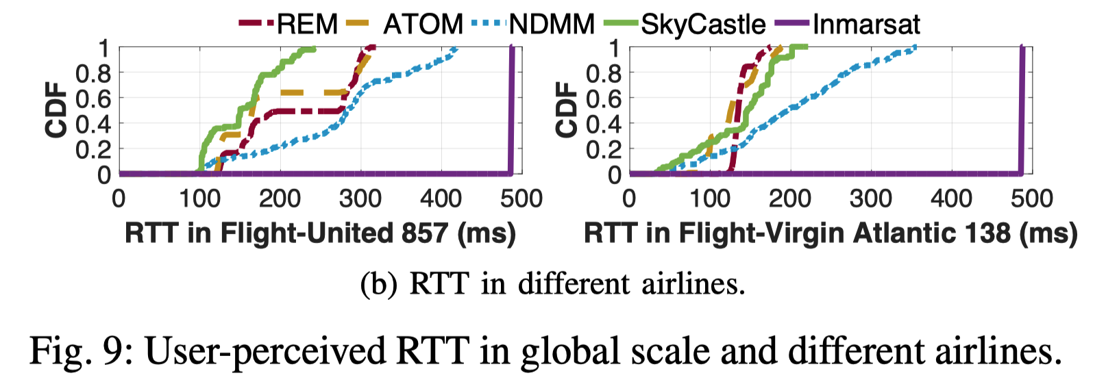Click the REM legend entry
(x=307, y=25)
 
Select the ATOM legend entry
(x=423, y=25)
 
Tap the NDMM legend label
(x=552, y=25)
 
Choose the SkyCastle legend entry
(x=703, y=25)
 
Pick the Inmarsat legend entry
(x=866, y=25)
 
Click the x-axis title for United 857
(x=320, y=233)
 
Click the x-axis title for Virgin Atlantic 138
(x=831, y=233)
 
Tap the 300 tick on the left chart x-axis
(x=360, y=199)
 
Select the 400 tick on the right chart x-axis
(x=951, y=199)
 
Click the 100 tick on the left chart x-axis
(x=199, y=199)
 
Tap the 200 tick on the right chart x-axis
(x=790, y=199)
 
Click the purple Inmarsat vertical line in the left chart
(x=511, y=110)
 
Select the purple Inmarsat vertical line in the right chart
(x=1021, y=110)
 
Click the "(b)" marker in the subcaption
(x=378, y=284)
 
